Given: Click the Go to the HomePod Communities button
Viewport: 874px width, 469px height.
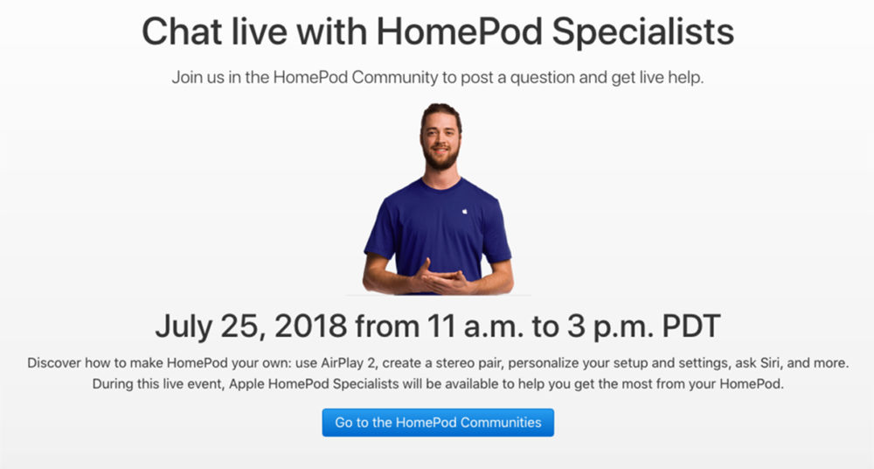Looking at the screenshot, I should pos(438,422).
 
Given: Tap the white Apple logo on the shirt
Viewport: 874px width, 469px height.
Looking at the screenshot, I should pos(466,210).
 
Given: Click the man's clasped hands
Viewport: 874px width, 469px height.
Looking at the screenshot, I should pos(442,280).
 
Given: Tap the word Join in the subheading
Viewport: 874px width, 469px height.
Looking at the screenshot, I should pos(188,77).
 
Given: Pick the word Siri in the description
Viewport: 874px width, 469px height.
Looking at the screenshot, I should pos(747,362).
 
